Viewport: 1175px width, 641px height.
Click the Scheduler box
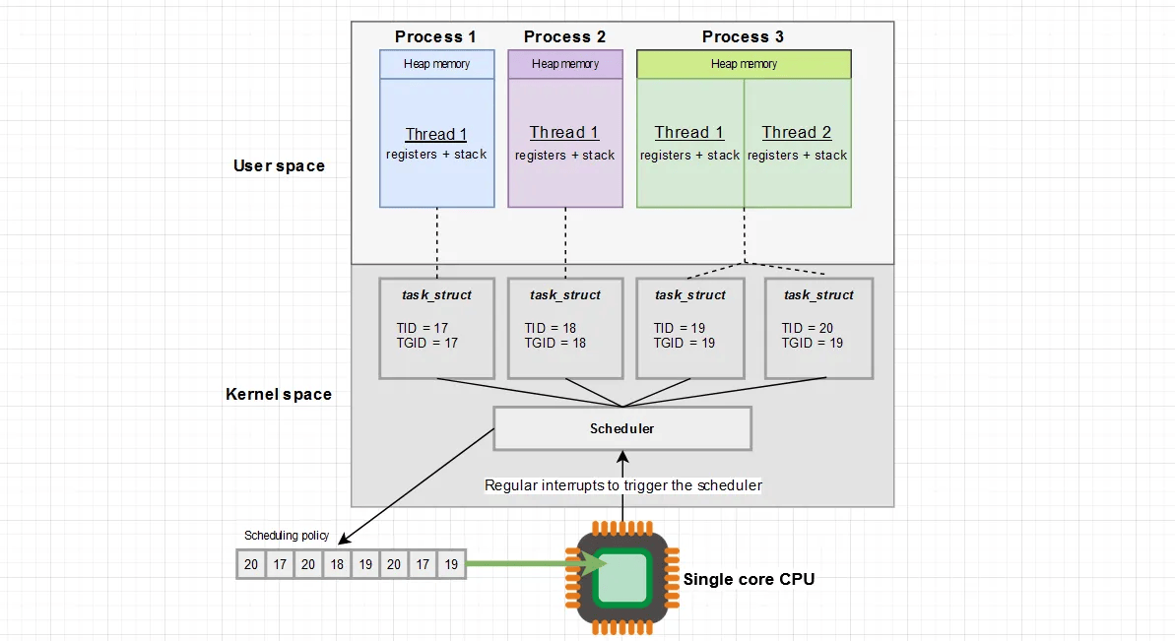coord(621,428)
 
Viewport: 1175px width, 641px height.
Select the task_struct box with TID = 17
coord(436,328)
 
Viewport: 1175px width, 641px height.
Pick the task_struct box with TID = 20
coord(818,328)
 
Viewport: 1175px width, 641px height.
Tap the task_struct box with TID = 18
coord(564,328)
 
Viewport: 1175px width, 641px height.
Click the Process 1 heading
coord(435,36)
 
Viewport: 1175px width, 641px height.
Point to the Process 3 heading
coord(743,36)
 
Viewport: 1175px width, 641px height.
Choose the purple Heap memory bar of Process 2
coord(565,64)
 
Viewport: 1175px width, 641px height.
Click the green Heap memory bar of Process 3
coord(744,64)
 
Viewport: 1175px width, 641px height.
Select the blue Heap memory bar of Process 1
coord(436,64)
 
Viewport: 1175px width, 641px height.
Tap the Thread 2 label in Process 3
coord(797,133)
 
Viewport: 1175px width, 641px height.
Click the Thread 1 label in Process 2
coord(564,133)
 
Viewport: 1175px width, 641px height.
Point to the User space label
coord(279,165)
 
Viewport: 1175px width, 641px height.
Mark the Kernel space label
coord(279,394)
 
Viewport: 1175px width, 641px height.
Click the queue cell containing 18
coord(337,565)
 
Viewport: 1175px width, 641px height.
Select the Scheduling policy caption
coord(287,536)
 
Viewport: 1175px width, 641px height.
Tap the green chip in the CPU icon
coord(621,577)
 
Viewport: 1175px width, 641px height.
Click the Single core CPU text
coord(749,579)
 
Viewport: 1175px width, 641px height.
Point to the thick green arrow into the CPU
coord(522,564)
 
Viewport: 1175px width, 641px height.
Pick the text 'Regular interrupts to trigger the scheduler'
coord(622,485)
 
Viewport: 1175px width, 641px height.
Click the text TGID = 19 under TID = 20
coord(813,343)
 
